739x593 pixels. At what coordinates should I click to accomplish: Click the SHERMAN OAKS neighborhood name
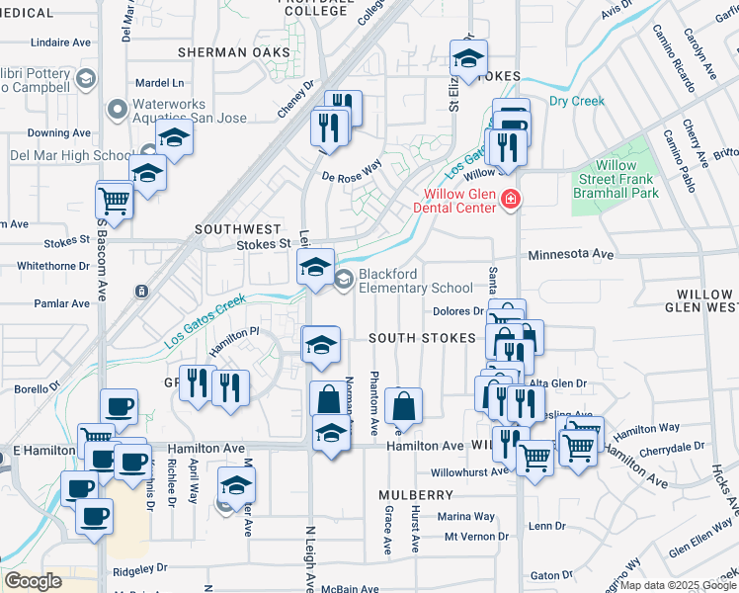pyautogui.click(x=234, y=52)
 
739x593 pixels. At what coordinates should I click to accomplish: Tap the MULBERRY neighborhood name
pyautogui.click(x=416, y=494)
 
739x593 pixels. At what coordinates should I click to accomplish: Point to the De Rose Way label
pyautogui.click(x=351, y=172)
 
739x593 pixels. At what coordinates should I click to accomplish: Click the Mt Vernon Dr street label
pyautogui.click(x=475, y=537)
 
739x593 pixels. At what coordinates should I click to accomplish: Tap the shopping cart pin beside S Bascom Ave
pyautogui.click(x=114, y=200)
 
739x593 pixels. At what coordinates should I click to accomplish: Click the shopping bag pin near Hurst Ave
pyautogui.click(x=403, y=405)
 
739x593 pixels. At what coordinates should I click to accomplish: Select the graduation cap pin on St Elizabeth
pyautogui.click(x=468, y=59)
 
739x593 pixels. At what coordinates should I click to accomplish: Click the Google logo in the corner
pyautogui.click(x=33, y=581)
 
